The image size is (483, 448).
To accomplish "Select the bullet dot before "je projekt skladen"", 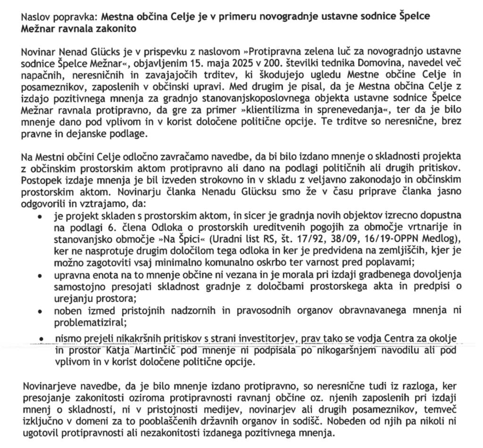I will [x=42, y=215].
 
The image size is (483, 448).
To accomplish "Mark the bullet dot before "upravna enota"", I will [x=42, y=275].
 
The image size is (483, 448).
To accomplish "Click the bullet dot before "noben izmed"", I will [x=42, y=312].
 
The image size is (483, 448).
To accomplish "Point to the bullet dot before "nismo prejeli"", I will [x=42, y=339].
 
